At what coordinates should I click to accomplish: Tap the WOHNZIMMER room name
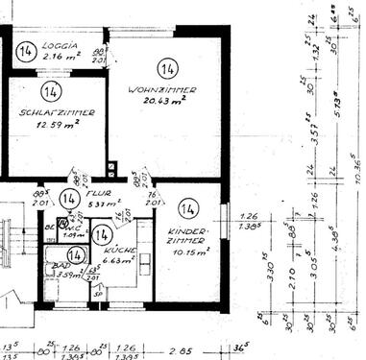coord(162,89)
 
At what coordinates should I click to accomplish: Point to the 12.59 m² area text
coord(57,123)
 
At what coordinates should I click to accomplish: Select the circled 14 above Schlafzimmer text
coord(52,91)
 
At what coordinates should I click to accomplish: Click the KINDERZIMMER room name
coord(187,236)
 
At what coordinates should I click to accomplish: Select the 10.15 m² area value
coord(186,252)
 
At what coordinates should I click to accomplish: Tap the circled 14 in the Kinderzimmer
coord(187,208)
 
